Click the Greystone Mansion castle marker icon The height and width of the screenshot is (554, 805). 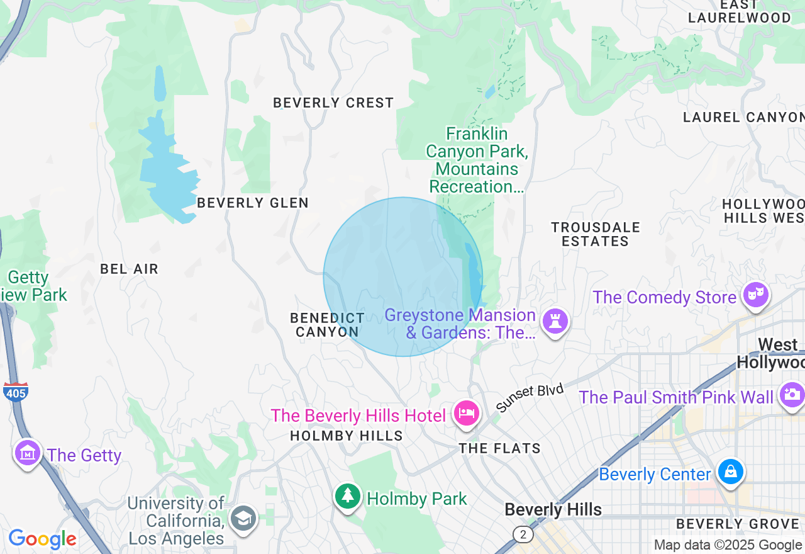click(555, 320)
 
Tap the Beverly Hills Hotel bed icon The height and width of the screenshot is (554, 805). click(466, 413)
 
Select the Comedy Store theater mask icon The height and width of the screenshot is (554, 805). click(755, 294)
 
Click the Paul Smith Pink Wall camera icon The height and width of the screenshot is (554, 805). click(791, 394)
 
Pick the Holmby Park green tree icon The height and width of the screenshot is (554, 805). click(347, 496)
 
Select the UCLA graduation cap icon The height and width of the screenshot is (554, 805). click(243, 518)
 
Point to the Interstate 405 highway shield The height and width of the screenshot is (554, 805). click(15, 392)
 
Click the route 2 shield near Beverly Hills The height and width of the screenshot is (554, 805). click(523, 534)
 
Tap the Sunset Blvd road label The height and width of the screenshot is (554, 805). click(529, 398)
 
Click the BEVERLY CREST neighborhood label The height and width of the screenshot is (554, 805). click(333, 103)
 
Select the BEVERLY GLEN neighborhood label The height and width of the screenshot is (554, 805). click(253, 203)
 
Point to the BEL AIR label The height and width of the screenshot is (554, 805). click(129, 269)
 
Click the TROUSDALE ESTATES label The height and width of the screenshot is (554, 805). click(595, 234)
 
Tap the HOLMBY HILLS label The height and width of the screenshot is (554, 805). click(347, 436)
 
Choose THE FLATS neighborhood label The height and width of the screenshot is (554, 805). click(499, 448)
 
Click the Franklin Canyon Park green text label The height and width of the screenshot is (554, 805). click(476, 160)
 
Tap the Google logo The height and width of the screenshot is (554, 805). click(42, 540)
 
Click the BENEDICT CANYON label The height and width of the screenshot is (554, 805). click(327, 325)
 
